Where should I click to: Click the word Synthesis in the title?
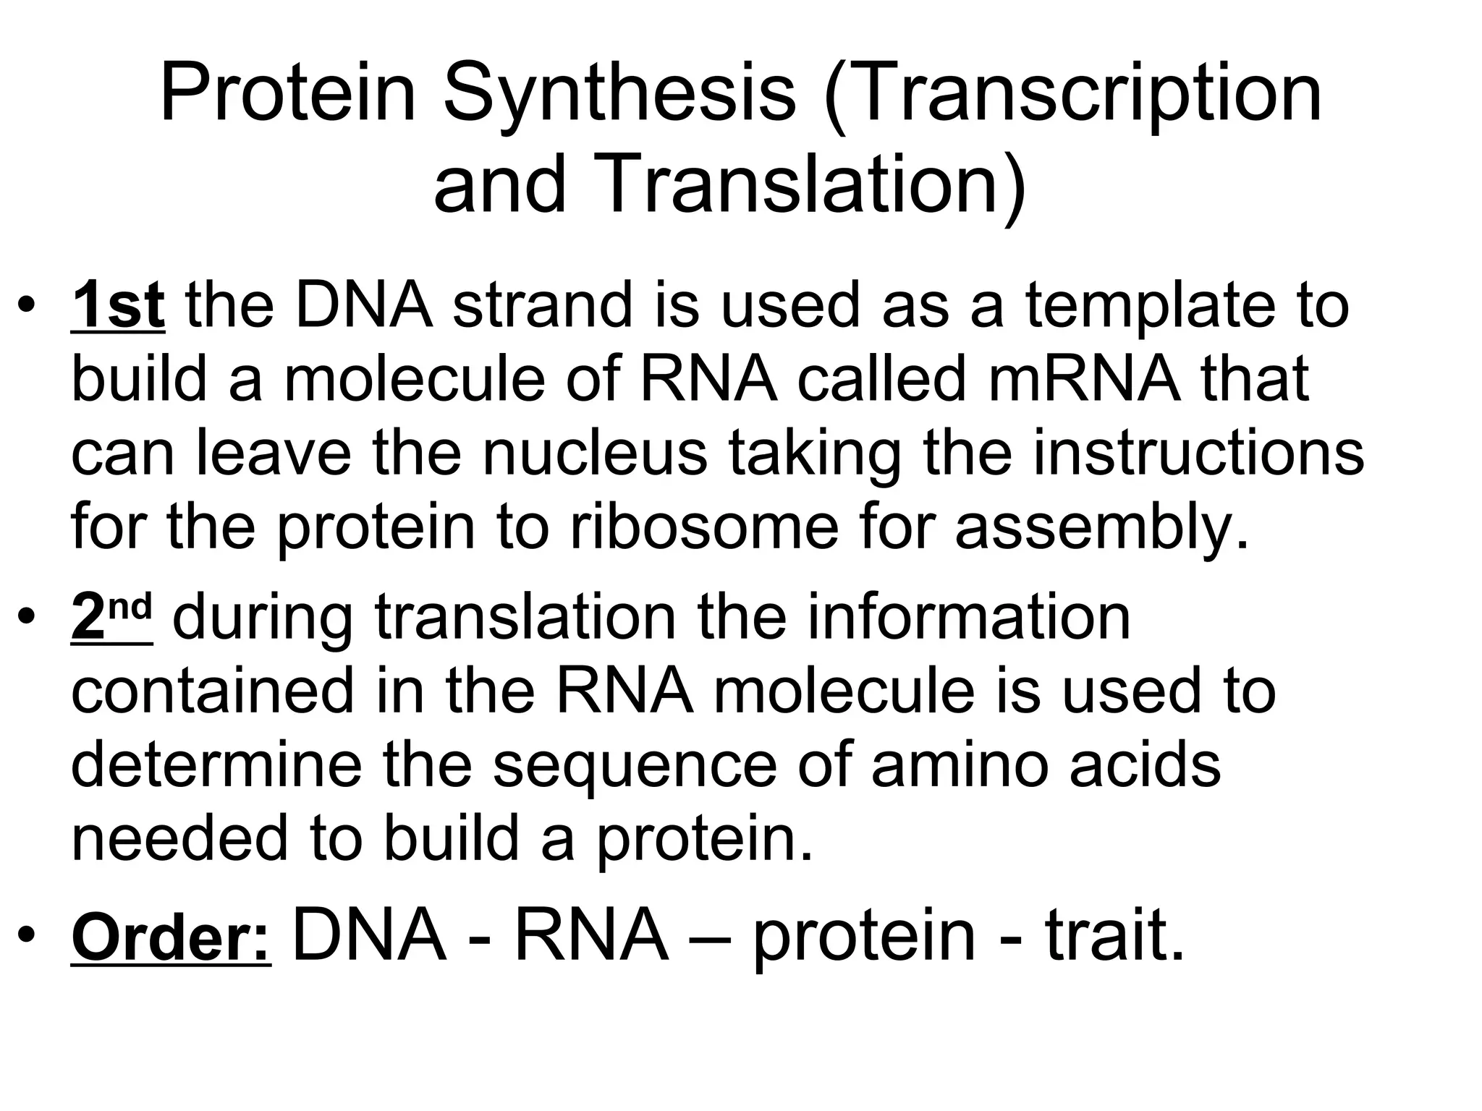(x=619, y=95)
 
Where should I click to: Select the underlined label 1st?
(x=118, y=306)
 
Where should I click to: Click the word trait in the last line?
(x=1114, y=935)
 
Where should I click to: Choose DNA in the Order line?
(x=369, y=935)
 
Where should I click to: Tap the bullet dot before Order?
(x=27, y=935)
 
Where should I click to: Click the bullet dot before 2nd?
(x=27, y=618)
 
